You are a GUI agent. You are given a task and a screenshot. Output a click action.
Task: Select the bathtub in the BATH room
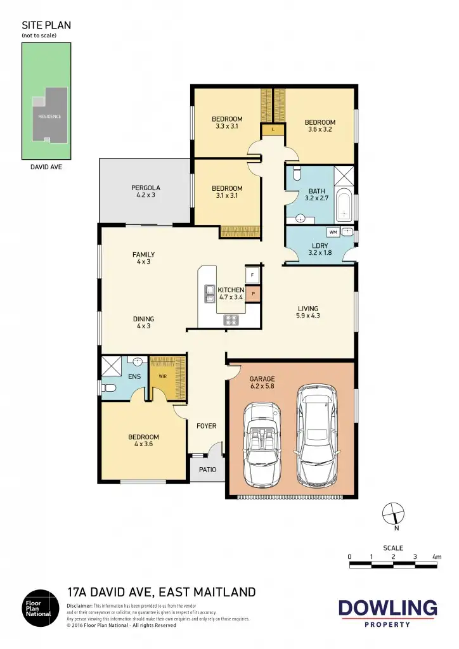click(x=344, y=205)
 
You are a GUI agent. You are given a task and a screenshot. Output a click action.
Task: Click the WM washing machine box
click(x=333, y=233)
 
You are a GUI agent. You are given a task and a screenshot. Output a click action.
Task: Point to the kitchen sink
click(x=209, y=293)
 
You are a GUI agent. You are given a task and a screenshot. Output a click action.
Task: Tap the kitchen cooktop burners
click(x=231, y=320)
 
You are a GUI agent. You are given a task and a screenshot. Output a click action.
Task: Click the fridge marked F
click(x=253, y=275)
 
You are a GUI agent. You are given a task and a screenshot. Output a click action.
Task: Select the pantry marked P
click(x=253, y=294)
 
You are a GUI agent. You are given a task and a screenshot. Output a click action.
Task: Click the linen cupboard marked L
click(x=272, y=130)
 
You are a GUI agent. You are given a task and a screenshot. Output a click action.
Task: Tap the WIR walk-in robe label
click(x=162, y=376)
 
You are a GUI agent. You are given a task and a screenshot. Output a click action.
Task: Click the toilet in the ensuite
click(x=108, y=387)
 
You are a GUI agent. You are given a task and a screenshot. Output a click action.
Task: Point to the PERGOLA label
click(x=146, y=191)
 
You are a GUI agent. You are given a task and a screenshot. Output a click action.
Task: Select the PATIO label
click(x=207, y=470)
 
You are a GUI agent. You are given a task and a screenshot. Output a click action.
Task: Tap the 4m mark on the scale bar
click(x=436, y=556)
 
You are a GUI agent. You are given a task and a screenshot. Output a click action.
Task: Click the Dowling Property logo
click(x=388, y=613)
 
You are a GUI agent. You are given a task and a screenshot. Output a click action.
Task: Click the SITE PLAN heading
click(x=46, y=25)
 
